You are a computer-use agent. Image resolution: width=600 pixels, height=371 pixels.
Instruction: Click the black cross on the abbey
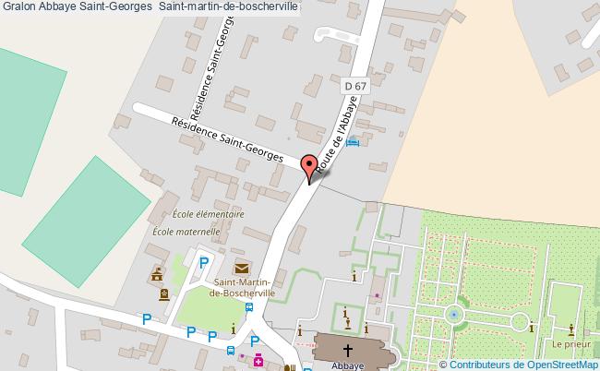click(348, 350)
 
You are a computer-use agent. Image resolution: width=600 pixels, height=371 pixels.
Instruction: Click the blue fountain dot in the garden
click(453, 315)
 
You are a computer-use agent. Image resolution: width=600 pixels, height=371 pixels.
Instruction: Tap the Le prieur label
click(571, 344)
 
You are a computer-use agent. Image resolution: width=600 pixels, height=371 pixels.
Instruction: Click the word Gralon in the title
click(19, 6)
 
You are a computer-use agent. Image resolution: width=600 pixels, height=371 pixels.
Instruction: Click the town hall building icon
click(156, 274)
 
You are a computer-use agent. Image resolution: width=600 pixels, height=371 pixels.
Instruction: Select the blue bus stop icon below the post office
click(230, 350)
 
